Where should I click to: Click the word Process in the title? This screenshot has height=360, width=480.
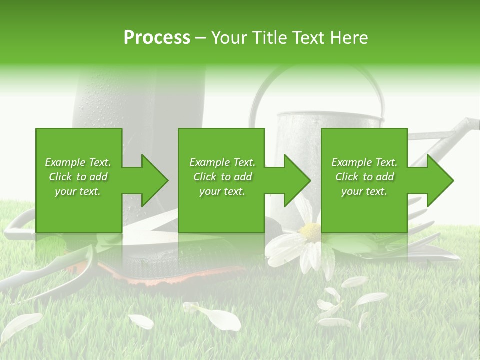157,38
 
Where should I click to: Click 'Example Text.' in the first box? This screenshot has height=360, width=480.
78,162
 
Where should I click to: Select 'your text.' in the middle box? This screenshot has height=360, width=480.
222,191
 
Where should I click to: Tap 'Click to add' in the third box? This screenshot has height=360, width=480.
365,177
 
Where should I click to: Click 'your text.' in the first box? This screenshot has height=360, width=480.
78,191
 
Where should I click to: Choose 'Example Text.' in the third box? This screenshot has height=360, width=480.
365,162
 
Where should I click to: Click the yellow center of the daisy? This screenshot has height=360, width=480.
310,231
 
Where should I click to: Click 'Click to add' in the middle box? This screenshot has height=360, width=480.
222,177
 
